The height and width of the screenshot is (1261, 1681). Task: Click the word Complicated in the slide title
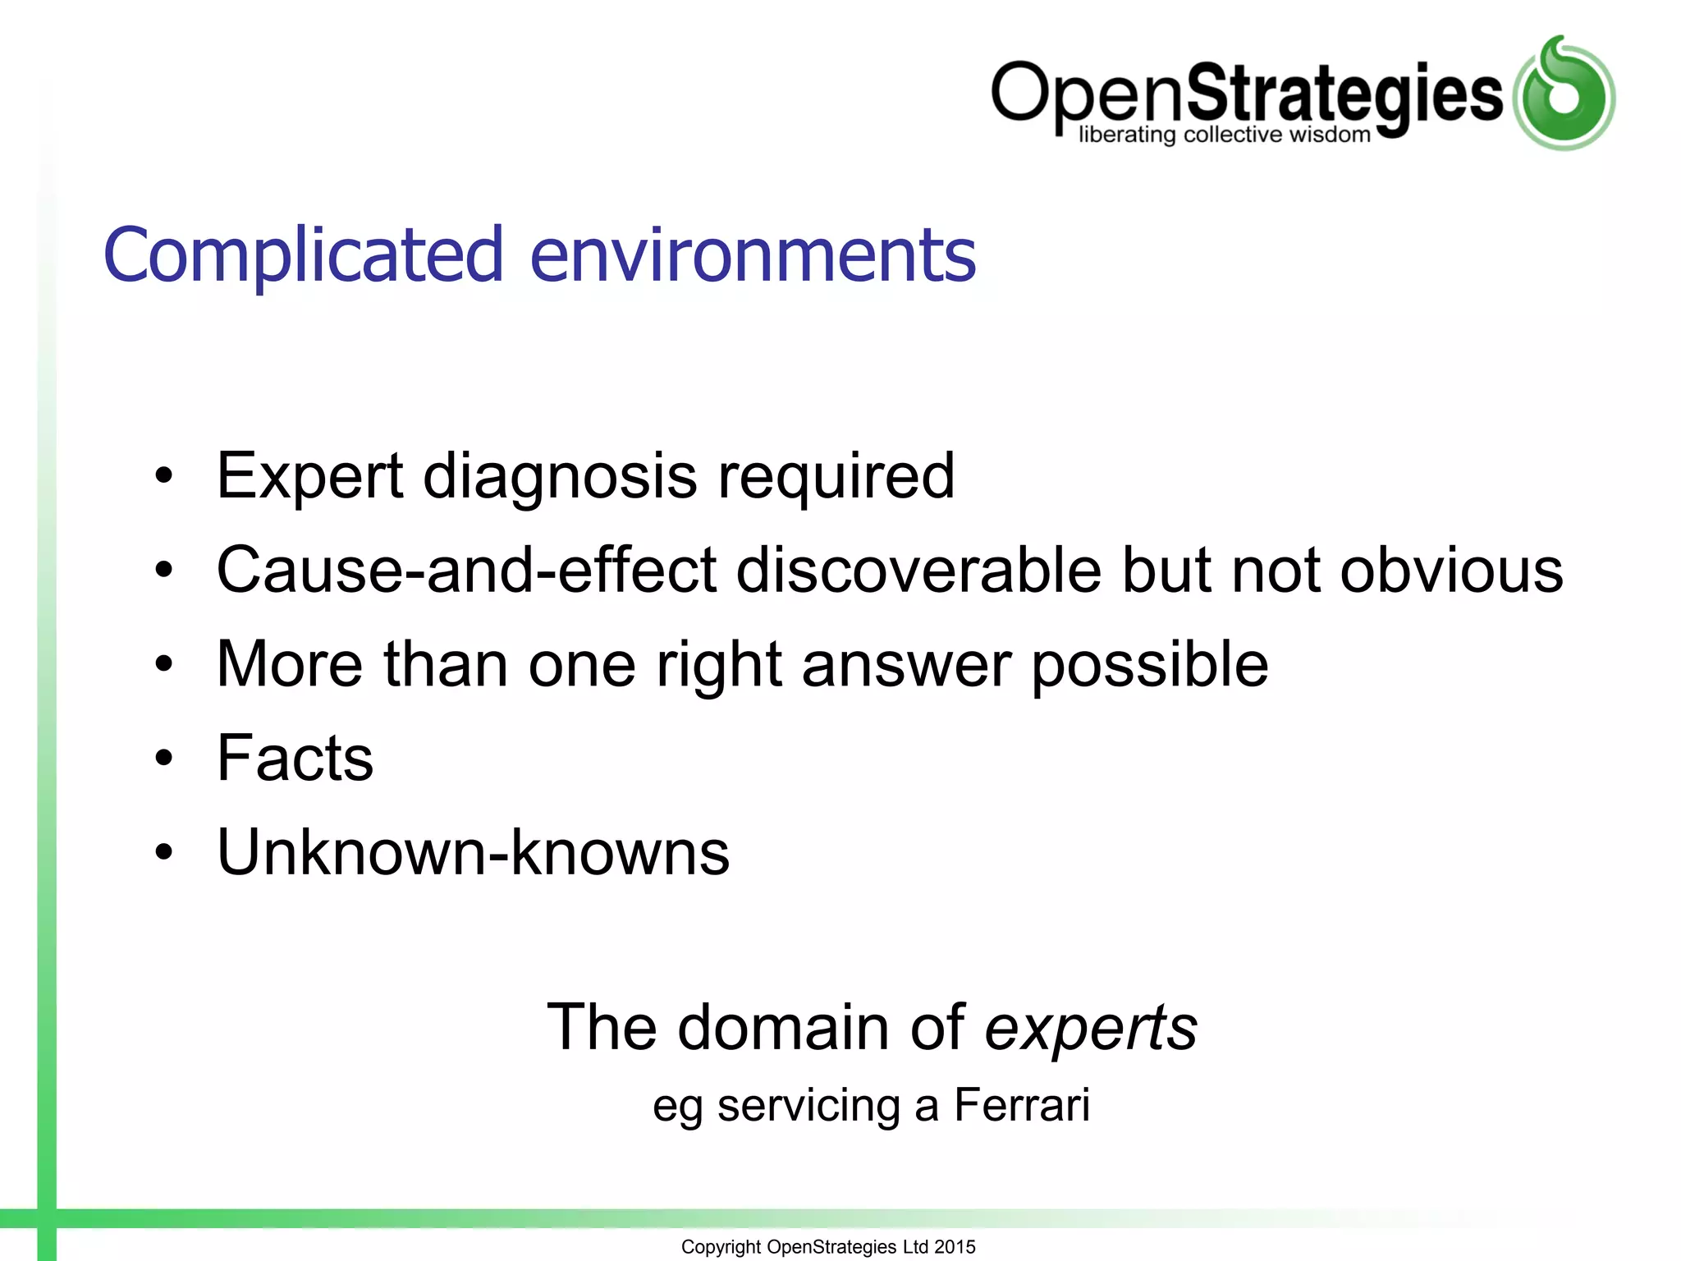(x=302, y=256)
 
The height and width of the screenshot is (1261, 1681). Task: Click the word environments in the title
(x=753, y=256)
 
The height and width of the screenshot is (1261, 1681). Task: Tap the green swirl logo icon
(x=1564, y=94)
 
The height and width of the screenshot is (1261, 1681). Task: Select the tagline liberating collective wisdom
(x=1224, y=135)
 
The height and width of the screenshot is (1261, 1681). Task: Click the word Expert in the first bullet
(x=309, y=476)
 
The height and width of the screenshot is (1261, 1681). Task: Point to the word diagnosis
(x=560, y=476)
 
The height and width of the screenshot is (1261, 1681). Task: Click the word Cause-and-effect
(x=466, y=570)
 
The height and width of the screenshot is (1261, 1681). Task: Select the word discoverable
(x=918, y=570)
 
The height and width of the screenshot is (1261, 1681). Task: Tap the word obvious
(x=1451, y=570)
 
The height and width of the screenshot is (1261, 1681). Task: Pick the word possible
(x=1149, y=664)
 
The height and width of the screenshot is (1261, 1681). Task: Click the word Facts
(x=295, y=758)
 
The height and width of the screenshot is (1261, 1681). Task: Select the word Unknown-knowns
(x=473, y=852)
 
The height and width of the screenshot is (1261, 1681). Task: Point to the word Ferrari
(x=1022, y=1105)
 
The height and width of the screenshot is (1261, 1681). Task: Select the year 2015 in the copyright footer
(x=955, y=1247)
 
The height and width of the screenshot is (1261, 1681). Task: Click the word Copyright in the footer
(x=721, y=1247)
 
